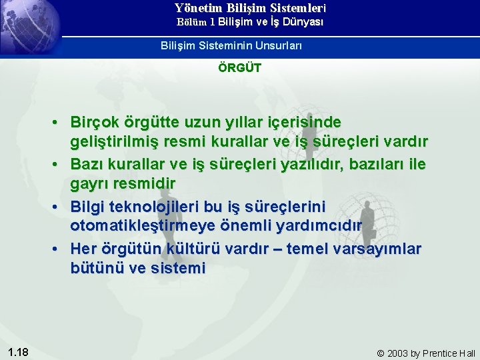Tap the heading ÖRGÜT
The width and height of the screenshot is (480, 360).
[x=240, y=67]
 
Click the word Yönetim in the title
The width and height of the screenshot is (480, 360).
[x=197, y=9]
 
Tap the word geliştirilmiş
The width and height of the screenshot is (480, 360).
[x=118, y=143]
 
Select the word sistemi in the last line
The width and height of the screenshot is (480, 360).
[x=179, y=268]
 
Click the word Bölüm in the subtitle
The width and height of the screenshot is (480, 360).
[x=191, y=22]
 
